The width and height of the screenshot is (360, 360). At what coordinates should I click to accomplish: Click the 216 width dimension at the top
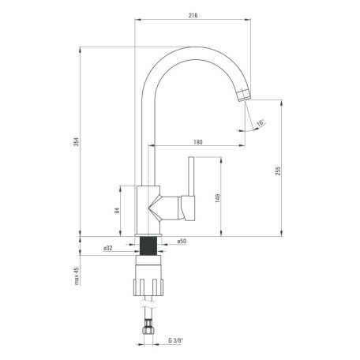(193, 15)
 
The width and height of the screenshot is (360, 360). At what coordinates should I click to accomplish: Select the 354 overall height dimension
(76, 142)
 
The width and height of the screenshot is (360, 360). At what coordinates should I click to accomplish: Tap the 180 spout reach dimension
(198, 142)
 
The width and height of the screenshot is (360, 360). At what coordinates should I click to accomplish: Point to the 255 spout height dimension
(278, 171)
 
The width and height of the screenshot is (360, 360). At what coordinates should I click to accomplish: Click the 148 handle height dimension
(218, 198)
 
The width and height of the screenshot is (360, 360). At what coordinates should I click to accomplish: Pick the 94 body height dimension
(117, 211)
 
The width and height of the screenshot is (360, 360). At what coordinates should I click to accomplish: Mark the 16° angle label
(261, 123)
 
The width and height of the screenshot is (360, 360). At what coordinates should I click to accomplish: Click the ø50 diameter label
(182, 241)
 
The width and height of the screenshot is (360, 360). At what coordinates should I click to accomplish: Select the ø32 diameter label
(108, 248)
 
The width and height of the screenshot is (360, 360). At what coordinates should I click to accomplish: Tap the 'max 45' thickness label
(77, 276)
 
